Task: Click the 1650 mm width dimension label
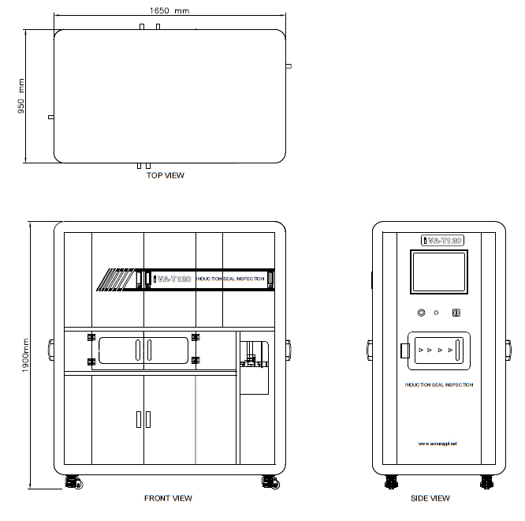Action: click(168, 12)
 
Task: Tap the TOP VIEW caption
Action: click(166, 175)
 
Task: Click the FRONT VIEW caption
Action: click(168, 498)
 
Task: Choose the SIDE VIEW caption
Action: click(430, 498)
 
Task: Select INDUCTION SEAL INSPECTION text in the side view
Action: click(439, 385)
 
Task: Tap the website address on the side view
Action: click(438, 444)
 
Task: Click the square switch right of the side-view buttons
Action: click(455, 313)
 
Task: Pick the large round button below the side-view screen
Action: click(422, 313)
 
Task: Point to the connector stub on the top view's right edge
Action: click(289, 66)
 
